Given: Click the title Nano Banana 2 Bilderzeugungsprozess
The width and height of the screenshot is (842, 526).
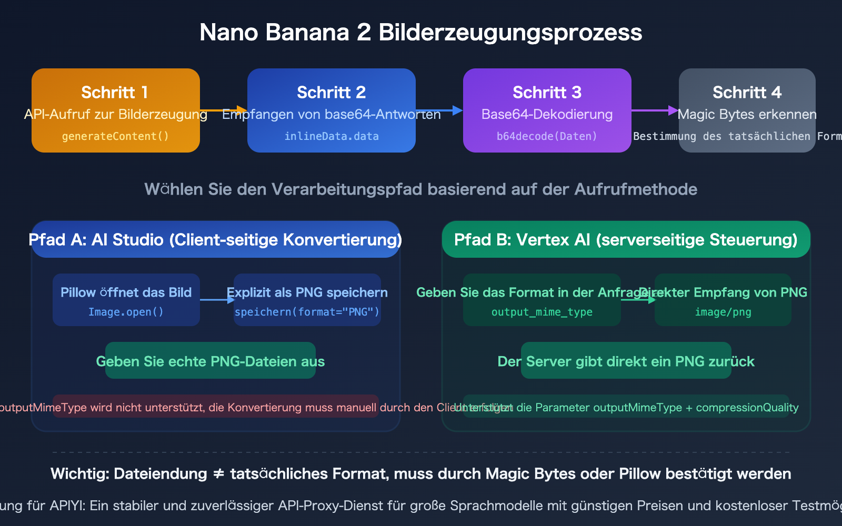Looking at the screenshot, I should (x=420, y=33).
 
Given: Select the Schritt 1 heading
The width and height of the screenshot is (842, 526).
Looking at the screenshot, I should (x=115, y=93).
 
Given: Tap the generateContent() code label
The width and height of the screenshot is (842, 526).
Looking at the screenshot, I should (x=115, y=136).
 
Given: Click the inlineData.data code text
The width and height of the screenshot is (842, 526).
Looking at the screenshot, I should (x=332, y=136).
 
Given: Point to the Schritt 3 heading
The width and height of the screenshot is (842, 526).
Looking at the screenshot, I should (x=547, y=93).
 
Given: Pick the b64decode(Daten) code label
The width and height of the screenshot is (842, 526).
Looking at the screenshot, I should (x=547, y=136).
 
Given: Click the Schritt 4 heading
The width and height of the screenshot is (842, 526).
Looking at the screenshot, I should (x=747, y=93).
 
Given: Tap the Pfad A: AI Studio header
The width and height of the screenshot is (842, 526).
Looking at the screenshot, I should (x=215, y=240).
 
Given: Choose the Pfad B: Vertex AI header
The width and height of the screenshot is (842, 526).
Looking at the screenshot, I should (x=626, y=240).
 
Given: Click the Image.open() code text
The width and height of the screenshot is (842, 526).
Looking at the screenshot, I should (x=126, y=312).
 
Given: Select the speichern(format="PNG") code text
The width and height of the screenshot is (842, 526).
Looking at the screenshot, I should (x=307, y=312).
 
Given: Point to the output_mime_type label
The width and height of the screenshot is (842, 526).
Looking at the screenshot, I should (x=542, y=312).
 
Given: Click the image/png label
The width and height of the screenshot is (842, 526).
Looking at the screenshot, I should (x=723, y=312).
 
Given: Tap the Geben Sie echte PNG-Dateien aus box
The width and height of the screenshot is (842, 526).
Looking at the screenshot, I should (x=210, y=361).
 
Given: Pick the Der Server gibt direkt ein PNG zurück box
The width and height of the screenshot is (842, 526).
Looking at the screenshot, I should (x=626, y=361).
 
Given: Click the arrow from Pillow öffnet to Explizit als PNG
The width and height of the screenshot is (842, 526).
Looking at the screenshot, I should (x=217, y=300).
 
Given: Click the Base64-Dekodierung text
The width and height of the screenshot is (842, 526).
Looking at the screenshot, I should (x=547, y=115).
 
